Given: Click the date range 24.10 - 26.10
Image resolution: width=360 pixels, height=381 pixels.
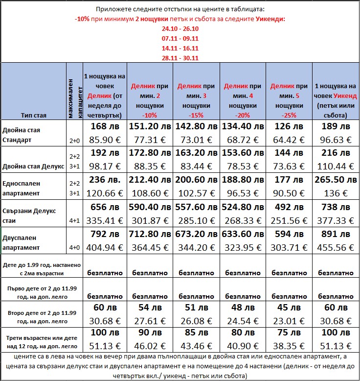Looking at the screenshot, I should tap(180, 28).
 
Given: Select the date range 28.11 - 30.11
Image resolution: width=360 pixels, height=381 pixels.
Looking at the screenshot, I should tap(180, 58).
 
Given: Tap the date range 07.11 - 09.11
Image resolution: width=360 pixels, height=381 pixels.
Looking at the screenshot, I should tap(180, 38).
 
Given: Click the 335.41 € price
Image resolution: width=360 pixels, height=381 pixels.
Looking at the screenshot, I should tap(105, 219).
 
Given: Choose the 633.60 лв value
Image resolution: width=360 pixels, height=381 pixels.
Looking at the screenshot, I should tap(243, 234).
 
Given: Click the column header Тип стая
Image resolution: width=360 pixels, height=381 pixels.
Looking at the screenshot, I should tap(34, 116).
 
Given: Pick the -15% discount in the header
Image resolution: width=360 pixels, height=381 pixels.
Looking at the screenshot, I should tap(196, 115).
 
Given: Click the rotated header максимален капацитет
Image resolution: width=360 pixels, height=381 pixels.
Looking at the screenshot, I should tap(74, 93).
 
